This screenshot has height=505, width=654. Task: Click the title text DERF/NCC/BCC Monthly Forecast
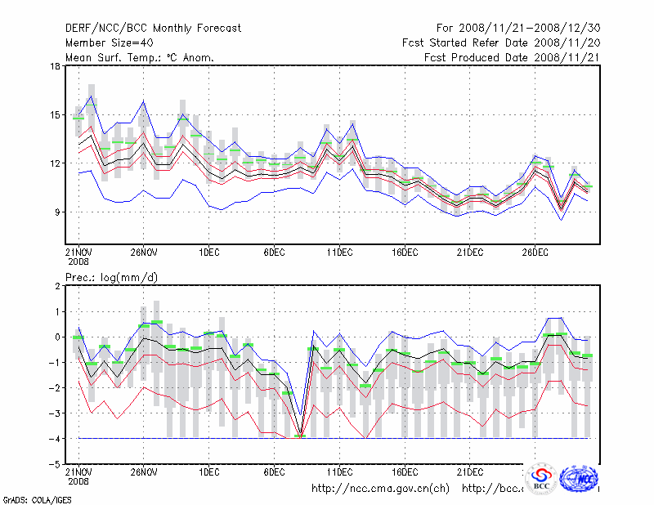point(153,29)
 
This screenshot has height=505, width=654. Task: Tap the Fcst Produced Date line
point(511,57)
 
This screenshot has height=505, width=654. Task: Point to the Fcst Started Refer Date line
point(499,42)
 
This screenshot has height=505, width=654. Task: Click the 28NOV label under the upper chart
point(143,253)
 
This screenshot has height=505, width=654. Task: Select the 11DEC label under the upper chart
point(339,253)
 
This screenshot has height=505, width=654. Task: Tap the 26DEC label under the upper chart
point(535,253)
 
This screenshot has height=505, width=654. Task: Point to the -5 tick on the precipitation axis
point(55,463)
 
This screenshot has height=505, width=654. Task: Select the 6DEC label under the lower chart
point(274,472)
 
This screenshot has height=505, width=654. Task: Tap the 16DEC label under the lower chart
point(405,472)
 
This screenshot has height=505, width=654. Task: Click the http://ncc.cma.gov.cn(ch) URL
point(380,489)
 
